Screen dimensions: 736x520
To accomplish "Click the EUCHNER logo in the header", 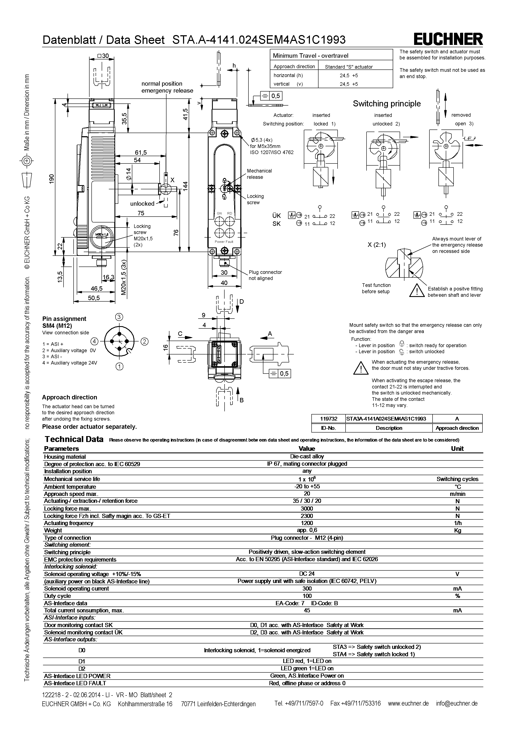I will tap(448, 39).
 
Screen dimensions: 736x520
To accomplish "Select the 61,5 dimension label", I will tap(140, 153).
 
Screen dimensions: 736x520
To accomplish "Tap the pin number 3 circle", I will tap(119, 317).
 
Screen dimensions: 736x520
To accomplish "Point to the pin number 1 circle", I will tap(120, 366).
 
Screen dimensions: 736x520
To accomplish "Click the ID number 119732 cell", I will tap(329, 419).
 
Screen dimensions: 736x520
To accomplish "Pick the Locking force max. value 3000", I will tap(307, 509).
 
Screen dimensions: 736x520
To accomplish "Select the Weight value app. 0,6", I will tap(307, 530).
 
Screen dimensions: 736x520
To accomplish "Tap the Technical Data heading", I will tap(74, 439).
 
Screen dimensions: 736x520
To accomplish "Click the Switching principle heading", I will tap(386, 103).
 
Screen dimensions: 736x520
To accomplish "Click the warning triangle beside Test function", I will tap(417, 290).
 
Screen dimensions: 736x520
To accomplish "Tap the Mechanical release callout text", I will tap(259, 174).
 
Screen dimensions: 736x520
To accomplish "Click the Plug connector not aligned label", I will tap(265, 275).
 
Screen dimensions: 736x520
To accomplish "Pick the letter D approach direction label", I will tap(242, 302).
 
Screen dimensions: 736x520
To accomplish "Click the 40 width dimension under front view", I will tap(224, 283).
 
